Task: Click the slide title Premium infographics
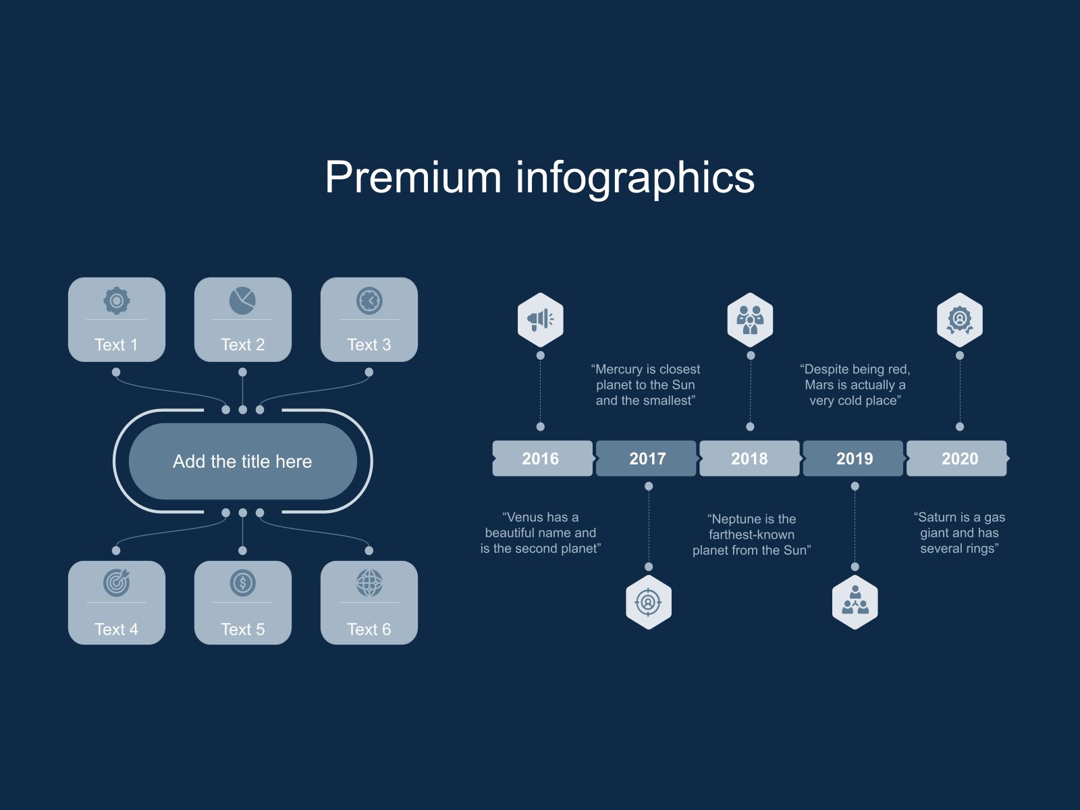coord(539,178)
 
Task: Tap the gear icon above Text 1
coord(117,300)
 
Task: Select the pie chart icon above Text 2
coord(242,300)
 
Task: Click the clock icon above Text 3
coord(369,300)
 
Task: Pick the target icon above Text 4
coord(117,583)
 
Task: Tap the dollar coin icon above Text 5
coord(242,583)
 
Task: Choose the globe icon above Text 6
coord(369,583)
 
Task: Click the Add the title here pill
coord(242,461)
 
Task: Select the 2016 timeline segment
coord(541,459)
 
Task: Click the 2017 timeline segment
coord(647,459)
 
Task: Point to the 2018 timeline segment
coord(749,459)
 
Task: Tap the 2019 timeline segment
coord(854,459)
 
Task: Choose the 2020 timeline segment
coord(959,459)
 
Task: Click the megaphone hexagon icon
coord(540,319)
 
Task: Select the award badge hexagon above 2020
coord(959,319)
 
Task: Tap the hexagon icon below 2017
coord(648,602)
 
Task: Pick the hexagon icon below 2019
coord(855,602)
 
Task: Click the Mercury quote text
coord(645,385)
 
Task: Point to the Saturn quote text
coord(959,533)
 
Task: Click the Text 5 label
coord(242,629)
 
